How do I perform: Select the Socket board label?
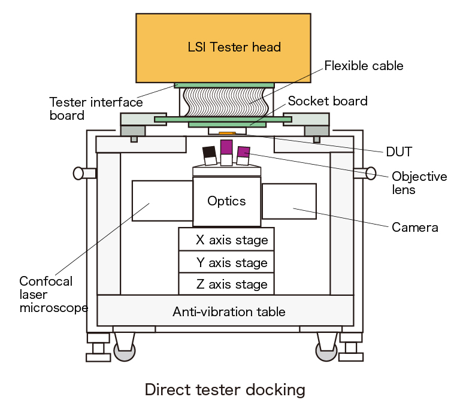coord(328,101)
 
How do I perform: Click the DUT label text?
coord(399,152)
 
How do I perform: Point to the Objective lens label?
coord(419,183)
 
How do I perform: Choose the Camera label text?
coord(414,228)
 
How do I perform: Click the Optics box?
coord(226,201)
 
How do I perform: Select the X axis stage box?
coord(226,240)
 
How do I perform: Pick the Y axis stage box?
coord(226,262)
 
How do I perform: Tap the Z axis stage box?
coord(226,284)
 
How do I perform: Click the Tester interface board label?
coord(96,108)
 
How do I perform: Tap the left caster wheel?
coord(124,352)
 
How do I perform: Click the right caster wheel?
coord(326,352)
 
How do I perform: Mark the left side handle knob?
coord(78,174)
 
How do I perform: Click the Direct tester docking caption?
coord(225,390)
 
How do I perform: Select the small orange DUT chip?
coord(225,134)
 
